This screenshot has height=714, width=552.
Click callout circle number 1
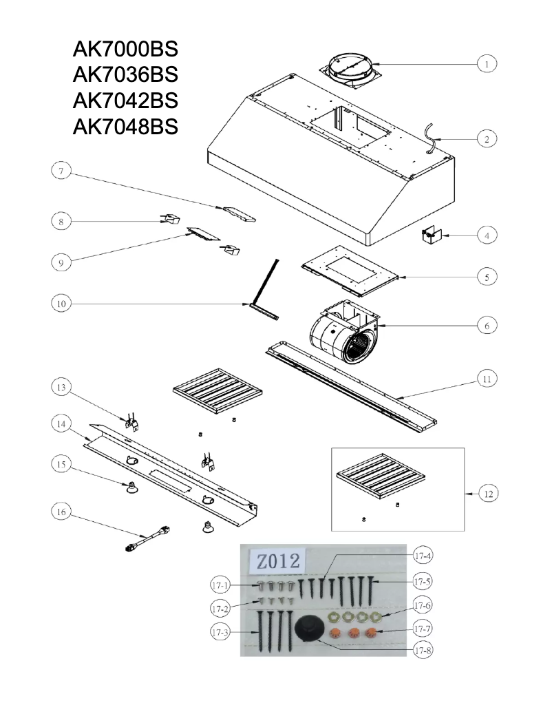coord(487,63)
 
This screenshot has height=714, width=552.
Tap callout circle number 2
coord(487,138)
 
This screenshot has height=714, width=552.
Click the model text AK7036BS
coord(125,74)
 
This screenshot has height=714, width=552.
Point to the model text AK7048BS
coord(125,127)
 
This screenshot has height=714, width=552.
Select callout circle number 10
coord(61,303)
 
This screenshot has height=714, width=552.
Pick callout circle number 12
coord(487,494)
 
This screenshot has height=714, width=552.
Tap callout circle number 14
coord(61,425)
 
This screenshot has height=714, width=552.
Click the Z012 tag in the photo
coord(277,560)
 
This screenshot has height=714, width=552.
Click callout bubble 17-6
coord(423,606)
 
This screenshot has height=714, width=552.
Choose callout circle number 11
coord(487,379)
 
